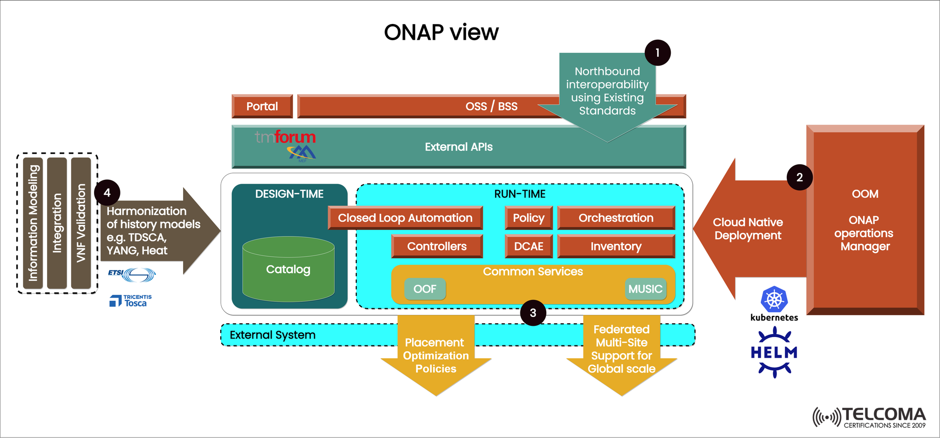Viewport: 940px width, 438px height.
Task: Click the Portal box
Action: pyautogui.click(x=262, y=106)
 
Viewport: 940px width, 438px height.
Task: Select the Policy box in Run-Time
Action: pyautogui.click(x=528, y=218)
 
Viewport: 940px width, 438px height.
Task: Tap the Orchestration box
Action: pyautogui.click(x=616, y=218)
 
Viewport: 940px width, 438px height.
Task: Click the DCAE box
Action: pyautogui.click(x=528, y=246)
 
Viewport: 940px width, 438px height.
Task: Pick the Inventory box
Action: pyautogui.click(x=616, y=246)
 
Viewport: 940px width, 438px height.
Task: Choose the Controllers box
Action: pyautogui.click(x=437, y=246)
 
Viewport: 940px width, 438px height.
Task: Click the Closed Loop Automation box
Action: pyautogui.click(x=405, y=218)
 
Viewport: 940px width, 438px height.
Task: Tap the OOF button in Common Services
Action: pyautogui.click(x=424, y=289)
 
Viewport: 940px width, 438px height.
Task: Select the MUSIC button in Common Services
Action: pyautogui.click(x=645, y=289)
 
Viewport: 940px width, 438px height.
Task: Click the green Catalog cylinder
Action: pyautogui.click(x=288, y=269)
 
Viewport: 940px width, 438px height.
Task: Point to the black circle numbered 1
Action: pyautogui.click(x=657, y=53)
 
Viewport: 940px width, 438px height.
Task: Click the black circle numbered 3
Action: pyautogui.click(x=533, y=313)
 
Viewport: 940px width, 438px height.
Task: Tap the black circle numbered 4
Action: pyautogui.click(x=107, y=193)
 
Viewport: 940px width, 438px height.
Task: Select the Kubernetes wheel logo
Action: pyautogui.click(x=774, y=299)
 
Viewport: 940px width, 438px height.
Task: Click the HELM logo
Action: pyautogui.click(x=774, y=352)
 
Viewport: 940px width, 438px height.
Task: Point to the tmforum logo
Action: pyautogui.click(x=285, y=137)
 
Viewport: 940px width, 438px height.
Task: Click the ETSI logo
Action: pyautogui.click(x=131, y=274)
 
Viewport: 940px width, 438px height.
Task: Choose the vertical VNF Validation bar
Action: pyautogui.click(x=81, y=223)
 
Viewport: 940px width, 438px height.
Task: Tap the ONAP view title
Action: pyautogui.click(x=441, y=32)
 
